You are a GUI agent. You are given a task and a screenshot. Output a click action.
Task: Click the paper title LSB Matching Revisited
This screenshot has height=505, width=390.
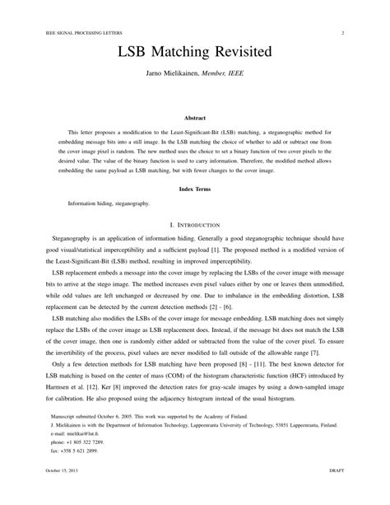click(194, 52)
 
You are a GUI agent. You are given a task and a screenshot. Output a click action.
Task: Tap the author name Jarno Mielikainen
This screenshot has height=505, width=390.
click(175, 73)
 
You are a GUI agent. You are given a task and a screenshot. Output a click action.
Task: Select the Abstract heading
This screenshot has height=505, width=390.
click(194, 117)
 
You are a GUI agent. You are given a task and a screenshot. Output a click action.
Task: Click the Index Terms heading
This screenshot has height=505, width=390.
click(194, 188)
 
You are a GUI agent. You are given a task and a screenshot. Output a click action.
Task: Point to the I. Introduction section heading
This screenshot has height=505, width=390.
click(194, 224)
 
